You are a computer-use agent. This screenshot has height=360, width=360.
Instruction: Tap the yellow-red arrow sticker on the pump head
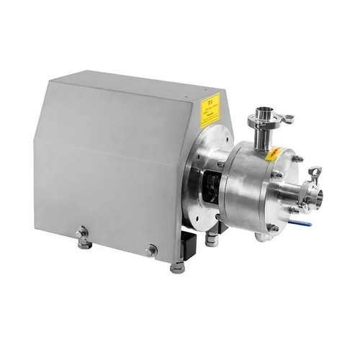click(274, 153)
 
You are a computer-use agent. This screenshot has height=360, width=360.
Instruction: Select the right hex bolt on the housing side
click(150, 251)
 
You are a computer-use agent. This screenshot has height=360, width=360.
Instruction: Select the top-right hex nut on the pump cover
click(296, 160)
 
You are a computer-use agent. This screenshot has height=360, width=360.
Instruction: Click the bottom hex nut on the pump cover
click(272, 228)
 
